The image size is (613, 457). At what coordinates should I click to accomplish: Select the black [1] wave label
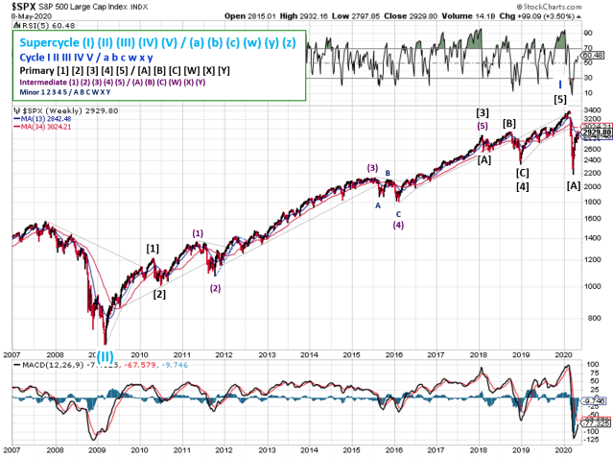tap(153, 249)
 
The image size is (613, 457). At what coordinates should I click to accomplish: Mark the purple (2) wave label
tap(216, 288)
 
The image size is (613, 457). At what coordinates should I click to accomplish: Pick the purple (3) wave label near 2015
tap(372, 168)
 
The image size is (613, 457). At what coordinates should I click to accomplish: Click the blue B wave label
tap(388, 174)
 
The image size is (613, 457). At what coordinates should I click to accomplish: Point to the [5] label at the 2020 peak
tap(560, 100)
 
